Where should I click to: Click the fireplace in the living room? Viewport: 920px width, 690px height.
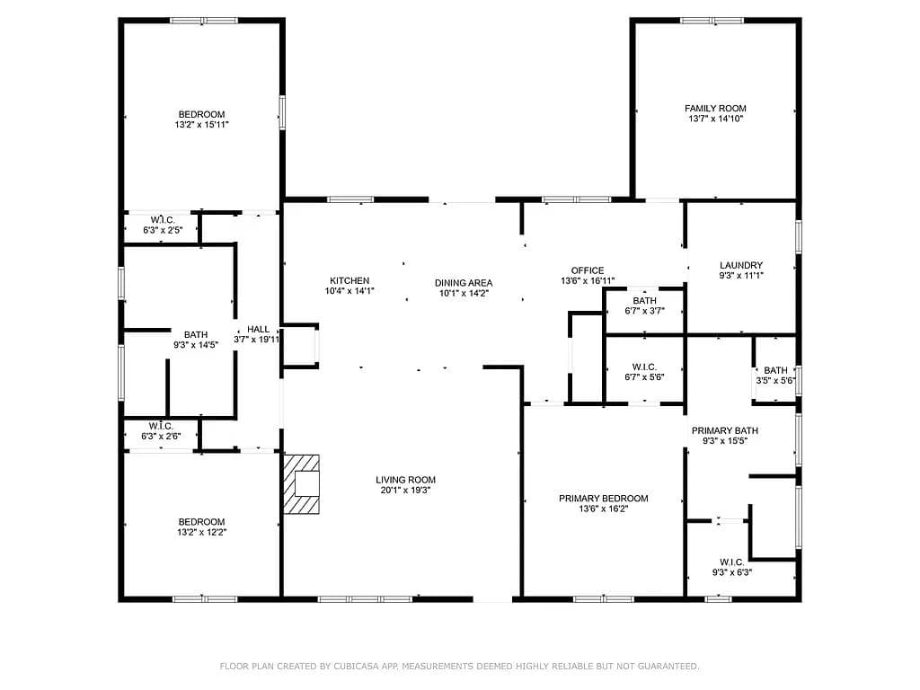point(302,484)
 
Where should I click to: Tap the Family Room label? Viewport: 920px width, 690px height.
point(715,109)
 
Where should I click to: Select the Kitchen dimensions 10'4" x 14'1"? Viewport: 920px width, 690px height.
point(349,291)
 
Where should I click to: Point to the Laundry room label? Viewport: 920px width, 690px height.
point(741,265)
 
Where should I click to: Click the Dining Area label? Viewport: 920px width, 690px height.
point(464,283)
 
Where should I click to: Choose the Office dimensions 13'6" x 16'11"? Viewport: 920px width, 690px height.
point(588,281)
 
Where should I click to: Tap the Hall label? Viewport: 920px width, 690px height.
point(258,329)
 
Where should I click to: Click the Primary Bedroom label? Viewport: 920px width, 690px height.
point(603,498)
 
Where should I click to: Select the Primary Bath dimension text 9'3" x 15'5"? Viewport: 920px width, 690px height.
point(725,440)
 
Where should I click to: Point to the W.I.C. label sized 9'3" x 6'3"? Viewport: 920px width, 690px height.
point(731,562)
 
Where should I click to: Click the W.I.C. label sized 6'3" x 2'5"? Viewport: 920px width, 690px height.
point(162,220)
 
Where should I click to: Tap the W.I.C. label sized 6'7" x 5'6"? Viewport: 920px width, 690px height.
point(644,367)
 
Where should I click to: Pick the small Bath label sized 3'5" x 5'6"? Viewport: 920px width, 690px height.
point(775,370)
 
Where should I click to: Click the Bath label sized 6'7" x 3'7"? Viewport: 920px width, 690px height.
point(644,301)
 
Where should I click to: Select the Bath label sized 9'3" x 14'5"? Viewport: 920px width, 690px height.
point(195,335)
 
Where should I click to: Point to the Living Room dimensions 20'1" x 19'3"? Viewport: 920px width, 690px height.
point(405,490)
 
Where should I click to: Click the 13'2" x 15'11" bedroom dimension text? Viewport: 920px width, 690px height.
point(201,124)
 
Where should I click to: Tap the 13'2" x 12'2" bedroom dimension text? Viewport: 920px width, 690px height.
point(201,532)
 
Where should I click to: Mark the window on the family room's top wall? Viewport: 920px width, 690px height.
point(712,21)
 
